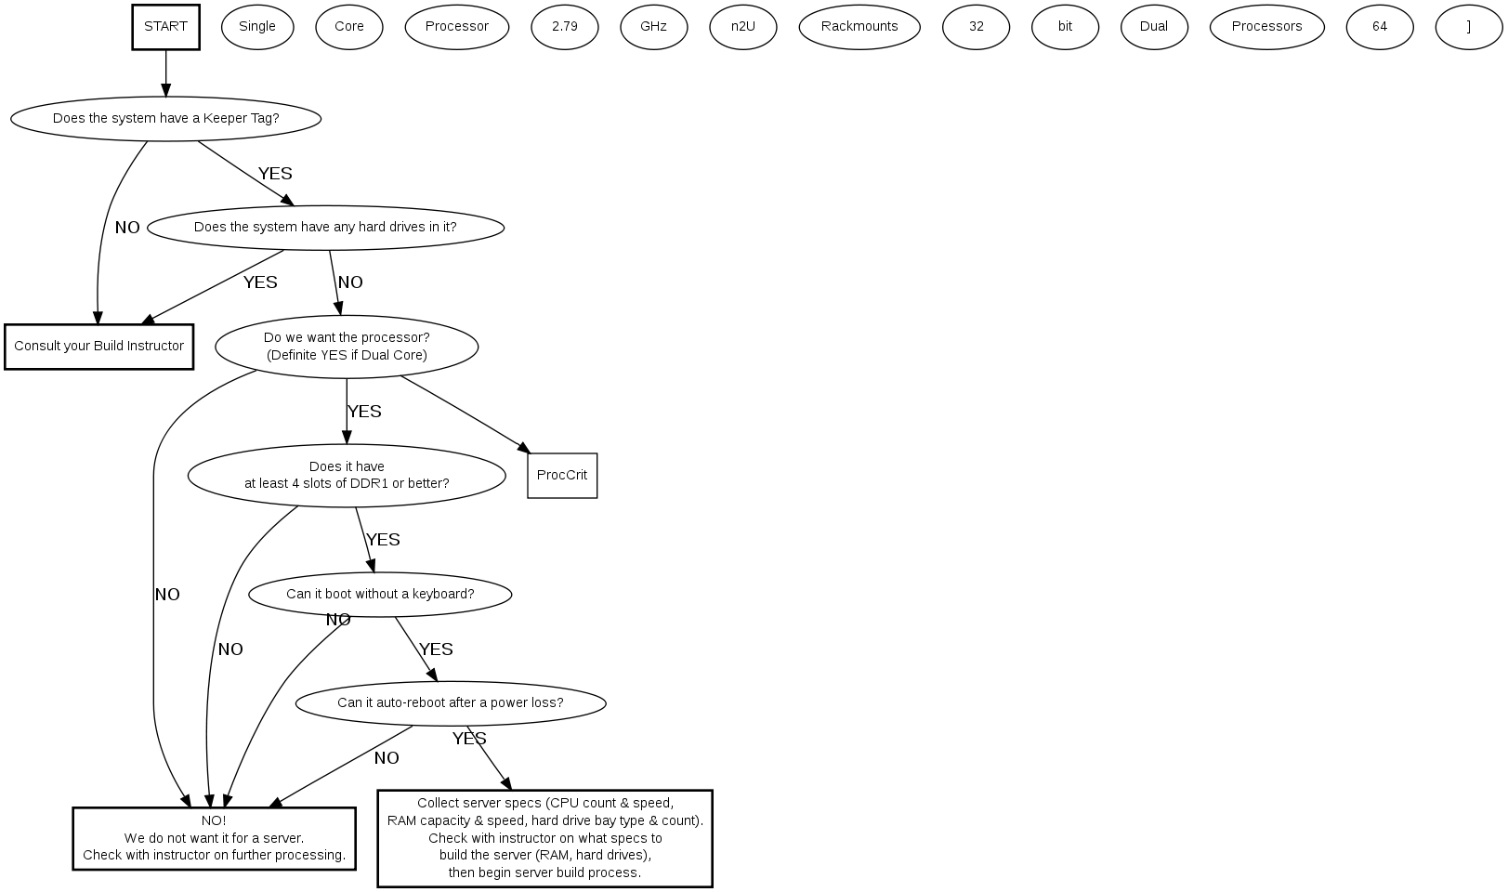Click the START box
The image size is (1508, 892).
165,27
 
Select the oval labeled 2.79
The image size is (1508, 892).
564,27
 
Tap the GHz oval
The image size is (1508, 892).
653,27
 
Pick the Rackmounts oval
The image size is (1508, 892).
859,27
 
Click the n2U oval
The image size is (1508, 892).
742,27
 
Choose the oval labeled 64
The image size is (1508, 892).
1379,27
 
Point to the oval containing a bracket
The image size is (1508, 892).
1468,27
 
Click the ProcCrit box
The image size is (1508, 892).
562,476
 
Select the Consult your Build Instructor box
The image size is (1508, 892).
98,347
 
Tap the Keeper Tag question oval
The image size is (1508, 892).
165,119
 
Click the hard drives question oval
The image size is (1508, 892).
325,228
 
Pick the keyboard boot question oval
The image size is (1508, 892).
380,595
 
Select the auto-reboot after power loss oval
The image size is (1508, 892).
451,703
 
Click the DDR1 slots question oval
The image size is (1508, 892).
347,476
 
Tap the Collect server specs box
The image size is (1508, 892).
544,838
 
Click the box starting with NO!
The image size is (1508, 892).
214,838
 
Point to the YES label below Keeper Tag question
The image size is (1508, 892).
275,174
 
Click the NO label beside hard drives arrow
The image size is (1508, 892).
350,282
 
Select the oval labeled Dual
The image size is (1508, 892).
1153,27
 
